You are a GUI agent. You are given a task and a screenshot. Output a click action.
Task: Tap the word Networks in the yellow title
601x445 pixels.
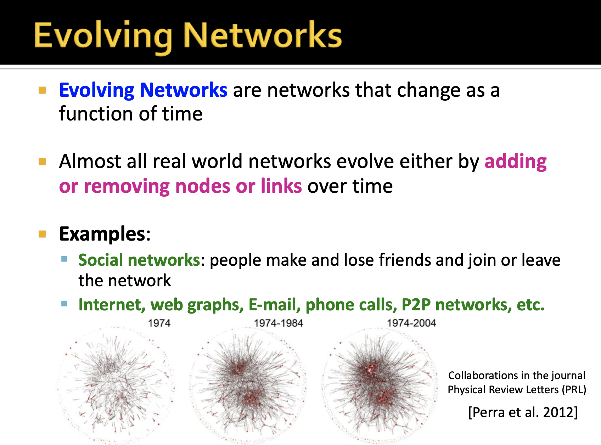pos(263,35)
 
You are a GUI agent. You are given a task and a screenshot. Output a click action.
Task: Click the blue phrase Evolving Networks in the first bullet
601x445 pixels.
pos(143,90)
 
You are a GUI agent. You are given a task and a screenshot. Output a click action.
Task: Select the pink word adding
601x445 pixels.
pos(515,162)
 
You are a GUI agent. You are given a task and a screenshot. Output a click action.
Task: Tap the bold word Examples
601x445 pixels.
pos(102,234)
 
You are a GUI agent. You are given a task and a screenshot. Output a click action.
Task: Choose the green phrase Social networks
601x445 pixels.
pos(139,260)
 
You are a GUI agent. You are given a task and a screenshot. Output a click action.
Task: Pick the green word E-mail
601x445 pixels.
pos(274,305)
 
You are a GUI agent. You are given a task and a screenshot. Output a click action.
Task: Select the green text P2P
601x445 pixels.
pos(416,305)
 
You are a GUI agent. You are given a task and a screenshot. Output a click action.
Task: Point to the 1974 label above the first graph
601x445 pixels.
pos(159,323)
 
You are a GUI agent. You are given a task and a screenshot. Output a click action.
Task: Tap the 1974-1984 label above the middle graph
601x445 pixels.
pos(279,323)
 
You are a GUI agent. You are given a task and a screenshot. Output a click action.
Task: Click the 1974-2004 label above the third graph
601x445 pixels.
pos(411,323)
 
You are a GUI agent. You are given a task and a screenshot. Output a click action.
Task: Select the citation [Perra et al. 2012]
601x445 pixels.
pos(523,412)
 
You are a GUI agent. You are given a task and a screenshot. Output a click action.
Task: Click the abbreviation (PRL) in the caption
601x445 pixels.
pos(574,390)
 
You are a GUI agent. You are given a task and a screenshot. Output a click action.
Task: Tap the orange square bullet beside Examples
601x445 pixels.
pos(43,234)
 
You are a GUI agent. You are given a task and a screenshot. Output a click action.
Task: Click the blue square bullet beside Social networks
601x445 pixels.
pos(64,259)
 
